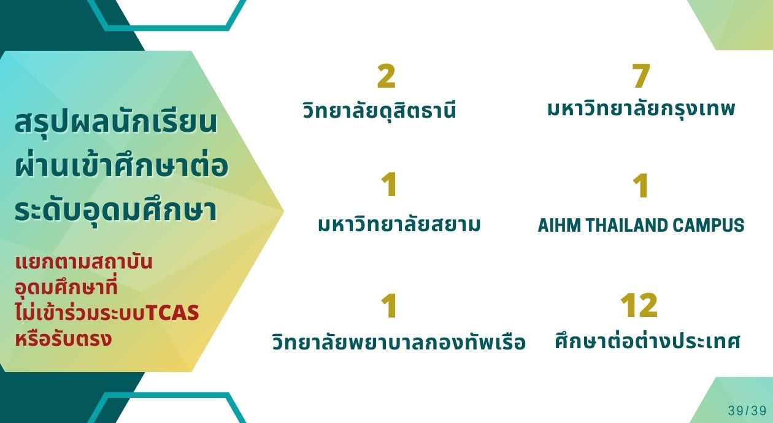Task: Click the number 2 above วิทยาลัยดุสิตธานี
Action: pyautogui.click(x=386, y=75)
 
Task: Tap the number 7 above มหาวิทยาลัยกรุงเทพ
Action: pyautogui.click(x=641, y=75)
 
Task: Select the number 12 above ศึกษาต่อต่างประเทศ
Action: pyautogui.click(x=639, y=305)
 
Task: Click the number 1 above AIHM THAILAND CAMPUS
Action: pyautogui.click(x=641, y=186)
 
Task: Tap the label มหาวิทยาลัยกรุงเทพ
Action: pyautogui.click(x=641, y=109)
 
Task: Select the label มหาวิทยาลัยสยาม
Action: pyautogui.click(x=399, y=224)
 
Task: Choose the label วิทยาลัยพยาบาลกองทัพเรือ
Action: pyautogui.click(x=399, y=341)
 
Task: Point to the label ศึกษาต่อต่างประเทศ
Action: pyautogui.click(x=648, y=341)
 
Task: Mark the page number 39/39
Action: pyautogui.click(x=747, y=411)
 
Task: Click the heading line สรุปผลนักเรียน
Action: pyautogui.click(x=117, y=123)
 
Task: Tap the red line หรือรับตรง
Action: pyautogui.click(x=64, y=338)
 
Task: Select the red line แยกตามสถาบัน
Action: pyautogui.click(x=84, y=262)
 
